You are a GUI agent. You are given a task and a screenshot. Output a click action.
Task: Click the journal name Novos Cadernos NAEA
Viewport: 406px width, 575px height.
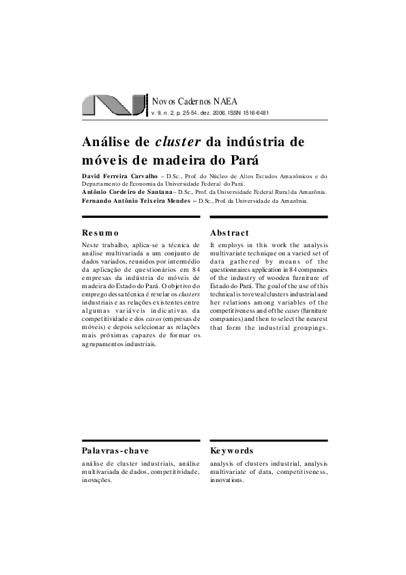194,101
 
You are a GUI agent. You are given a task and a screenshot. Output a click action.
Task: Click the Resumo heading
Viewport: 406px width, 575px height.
100,233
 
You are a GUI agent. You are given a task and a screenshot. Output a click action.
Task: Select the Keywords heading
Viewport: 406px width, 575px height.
232,451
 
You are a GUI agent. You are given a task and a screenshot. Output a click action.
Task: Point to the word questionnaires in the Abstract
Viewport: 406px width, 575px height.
240,268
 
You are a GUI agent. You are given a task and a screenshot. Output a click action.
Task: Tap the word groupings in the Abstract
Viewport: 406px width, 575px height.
308,326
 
